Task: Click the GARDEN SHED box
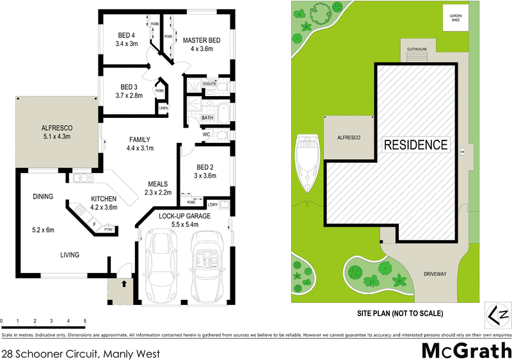456,17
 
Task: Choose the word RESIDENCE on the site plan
415,145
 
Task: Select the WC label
207,135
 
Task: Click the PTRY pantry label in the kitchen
109,228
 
